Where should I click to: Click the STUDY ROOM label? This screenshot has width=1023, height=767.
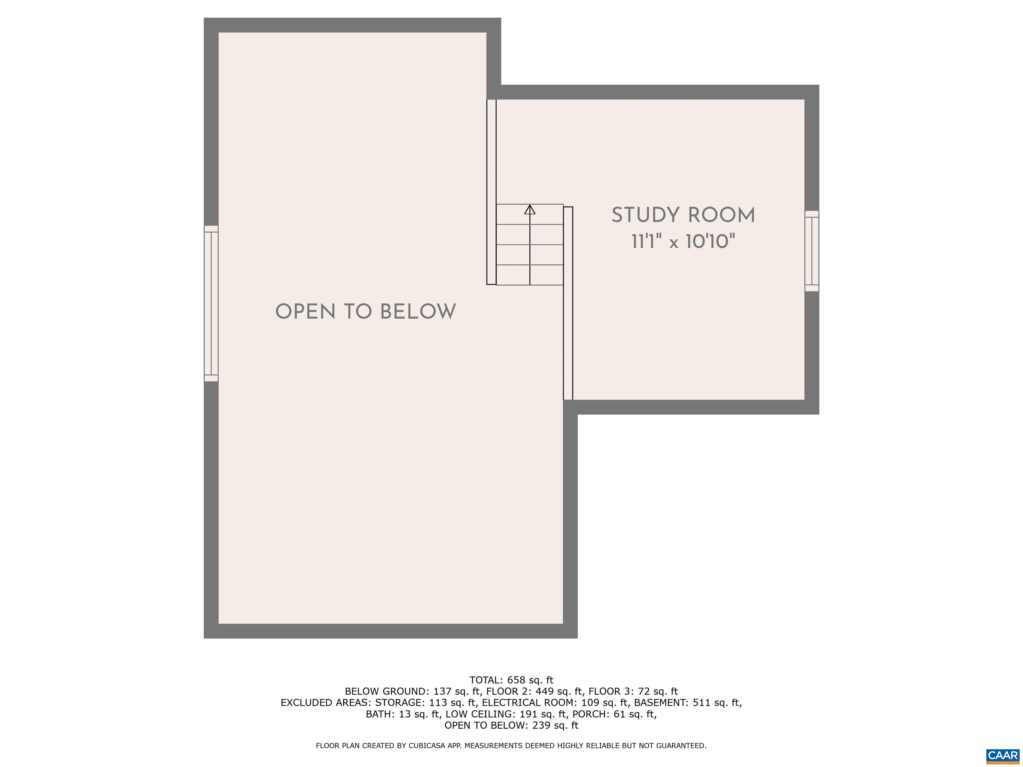(x=683, y=215)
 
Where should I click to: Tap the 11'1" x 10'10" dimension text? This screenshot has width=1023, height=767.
(x=683, y=241)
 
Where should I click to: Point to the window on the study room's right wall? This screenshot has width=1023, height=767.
(x=812, y=251)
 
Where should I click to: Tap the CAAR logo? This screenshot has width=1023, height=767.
(x=1003, y=755)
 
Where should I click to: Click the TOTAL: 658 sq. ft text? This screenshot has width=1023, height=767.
(x=511, y=680)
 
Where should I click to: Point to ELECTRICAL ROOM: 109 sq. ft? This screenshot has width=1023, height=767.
(x=555, y=703)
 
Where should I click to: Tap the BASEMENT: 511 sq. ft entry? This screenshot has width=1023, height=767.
(x=687, y=703)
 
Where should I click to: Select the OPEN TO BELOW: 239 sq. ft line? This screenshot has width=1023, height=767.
(x=511, y=725)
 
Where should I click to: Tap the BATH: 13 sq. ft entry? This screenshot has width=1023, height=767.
(x=402, y=714)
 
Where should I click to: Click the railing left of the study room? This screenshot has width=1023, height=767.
(x=568, y=303)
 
